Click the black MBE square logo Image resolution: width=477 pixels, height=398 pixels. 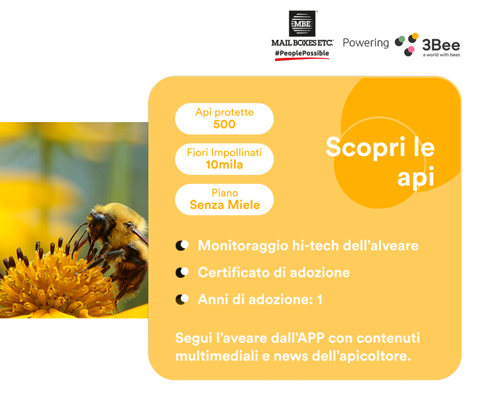point(302,23)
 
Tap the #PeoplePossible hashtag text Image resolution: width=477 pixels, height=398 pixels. point(302,53)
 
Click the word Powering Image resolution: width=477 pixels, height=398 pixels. point(366,43)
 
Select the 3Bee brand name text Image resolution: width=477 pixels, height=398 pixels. point(441,45)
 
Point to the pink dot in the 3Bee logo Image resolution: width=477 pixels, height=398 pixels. point(411,49)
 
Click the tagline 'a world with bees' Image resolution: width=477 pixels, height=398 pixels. point(441,55)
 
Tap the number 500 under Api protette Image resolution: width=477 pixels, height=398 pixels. point(224,124)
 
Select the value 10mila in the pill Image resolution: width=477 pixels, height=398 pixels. point(224,165)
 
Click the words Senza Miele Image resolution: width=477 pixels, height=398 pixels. point(225,205)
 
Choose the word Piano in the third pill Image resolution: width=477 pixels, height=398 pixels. point(225,193)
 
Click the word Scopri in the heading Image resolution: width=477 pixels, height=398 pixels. point(365,147)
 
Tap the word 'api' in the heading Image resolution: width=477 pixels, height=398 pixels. point(415,177)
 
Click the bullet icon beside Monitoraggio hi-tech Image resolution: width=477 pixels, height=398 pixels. point(182,245)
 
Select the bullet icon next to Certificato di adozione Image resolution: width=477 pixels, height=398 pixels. point(182,272)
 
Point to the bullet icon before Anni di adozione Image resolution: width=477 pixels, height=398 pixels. point(182,299)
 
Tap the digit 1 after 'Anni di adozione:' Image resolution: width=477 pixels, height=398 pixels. point(319,299)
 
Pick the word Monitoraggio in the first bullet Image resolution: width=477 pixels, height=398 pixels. point(242,246)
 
